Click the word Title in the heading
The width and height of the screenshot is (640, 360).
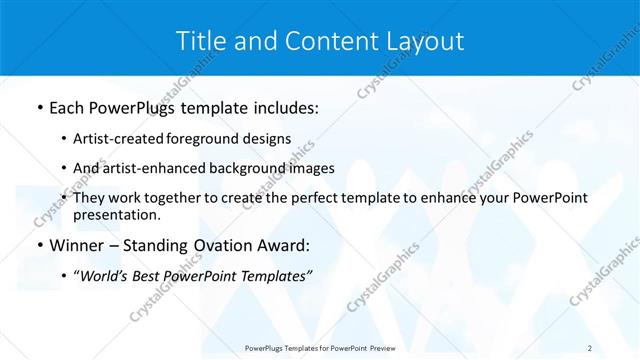point(200,41)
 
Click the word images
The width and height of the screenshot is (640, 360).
point(310,168)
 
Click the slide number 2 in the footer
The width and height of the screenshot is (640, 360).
point(590,347)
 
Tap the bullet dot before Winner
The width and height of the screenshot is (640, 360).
point(39,246)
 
